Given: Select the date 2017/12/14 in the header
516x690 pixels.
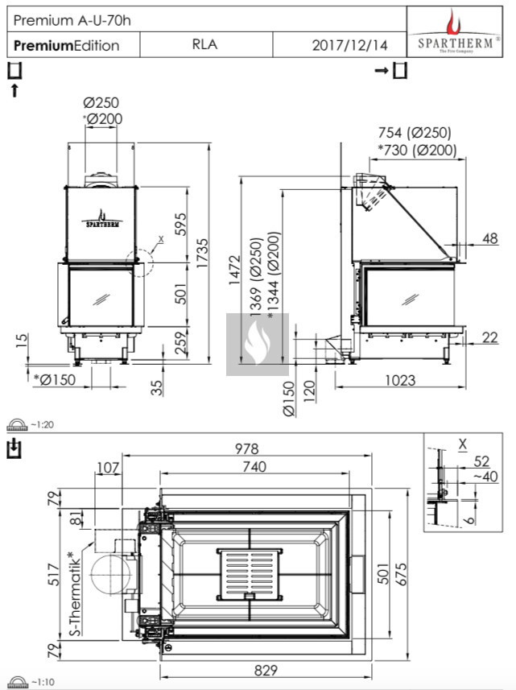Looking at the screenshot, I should [x=349, y=46].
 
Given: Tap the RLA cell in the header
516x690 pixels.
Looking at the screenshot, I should [x=204, y=45].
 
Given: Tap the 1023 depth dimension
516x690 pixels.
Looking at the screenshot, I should [x=400, y=378].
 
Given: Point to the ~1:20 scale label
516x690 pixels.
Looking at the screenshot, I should [x=41, y=424].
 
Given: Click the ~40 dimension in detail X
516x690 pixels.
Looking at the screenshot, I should [x=481, y=477].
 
